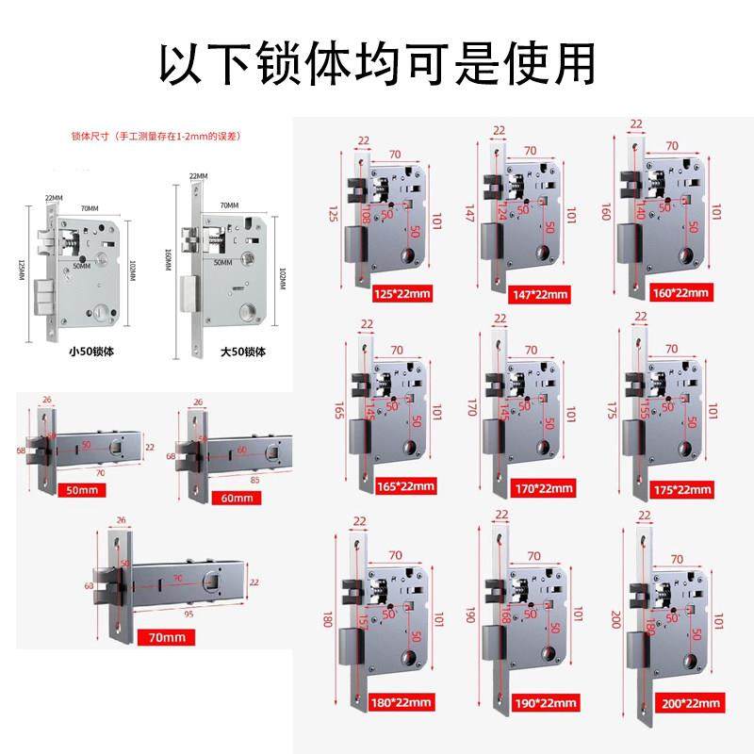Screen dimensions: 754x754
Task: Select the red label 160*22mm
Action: pyautogui.click(x=683, y=293)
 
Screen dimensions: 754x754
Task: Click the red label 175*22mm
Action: pyautogui.click(x=683, y=489)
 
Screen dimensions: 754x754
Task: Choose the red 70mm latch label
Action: pyautogui.click(x=167, y=637)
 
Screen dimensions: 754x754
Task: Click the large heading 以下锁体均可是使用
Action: pyautogui.click(x=377, y=64)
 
